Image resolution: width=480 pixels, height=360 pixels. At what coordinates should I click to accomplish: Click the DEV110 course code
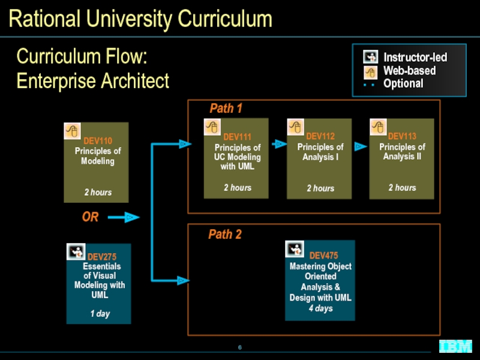tap(98, 141)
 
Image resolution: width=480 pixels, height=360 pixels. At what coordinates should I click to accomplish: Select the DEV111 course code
tap(237, 137)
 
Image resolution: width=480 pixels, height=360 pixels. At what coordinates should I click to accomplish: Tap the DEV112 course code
tap(320, 136)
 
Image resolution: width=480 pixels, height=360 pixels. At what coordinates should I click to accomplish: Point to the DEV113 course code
tap(402, 136)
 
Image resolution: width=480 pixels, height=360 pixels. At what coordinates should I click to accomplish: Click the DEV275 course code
tap(102, 257)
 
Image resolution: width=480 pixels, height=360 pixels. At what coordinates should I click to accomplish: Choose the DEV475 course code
tap(323, 256)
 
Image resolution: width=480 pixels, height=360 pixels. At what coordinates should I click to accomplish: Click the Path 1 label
tap(226, 108)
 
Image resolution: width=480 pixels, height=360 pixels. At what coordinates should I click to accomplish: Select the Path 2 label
tap(225, 234)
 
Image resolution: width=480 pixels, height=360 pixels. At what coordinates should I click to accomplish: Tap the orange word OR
tap(91, 217)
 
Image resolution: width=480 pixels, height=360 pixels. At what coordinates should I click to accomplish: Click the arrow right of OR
tap(124, 217)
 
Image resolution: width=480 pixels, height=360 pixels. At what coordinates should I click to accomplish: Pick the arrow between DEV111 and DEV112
tap(279, 143)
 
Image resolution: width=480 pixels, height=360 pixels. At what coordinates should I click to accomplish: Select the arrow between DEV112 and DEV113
tap(361, 146)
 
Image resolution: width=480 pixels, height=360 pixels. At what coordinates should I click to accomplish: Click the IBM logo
tap(456, 347)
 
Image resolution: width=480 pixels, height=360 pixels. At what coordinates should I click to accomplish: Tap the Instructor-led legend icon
tap(370, 57)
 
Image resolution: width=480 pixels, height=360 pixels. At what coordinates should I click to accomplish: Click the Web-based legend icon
tap(370, 73)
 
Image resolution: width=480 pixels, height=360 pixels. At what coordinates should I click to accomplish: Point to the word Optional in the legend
tap(403, 83)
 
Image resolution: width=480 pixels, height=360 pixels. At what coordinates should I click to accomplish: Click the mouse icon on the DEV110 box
tap(72, 131)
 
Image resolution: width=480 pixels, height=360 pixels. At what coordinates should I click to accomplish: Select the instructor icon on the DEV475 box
tap(295, 249)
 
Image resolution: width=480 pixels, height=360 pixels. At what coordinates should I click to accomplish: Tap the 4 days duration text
tap(320, 308)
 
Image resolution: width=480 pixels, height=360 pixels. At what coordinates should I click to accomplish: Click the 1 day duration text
tap(100, 313)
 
